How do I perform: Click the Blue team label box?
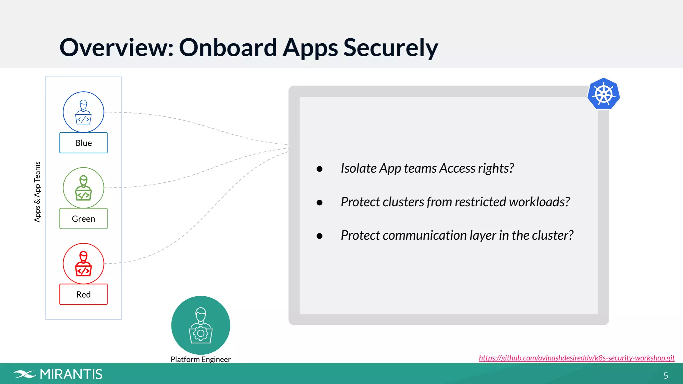(83, 143)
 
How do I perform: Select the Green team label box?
(83, 219)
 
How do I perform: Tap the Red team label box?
(83, 294)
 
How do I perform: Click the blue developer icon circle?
(83, 112)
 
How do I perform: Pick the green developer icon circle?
(83, 188)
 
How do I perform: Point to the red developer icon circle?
(83, 263)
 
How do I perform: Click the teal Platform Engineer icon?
(200, 325)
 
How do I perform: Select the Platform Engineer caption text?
(200, 359)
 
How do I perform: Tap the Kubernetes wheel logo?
(603, 94)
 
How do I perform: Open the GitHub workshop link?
(576, 358)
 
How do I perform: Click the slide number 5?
(666, 376)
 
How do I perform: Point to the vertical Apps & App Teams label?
(37, 192)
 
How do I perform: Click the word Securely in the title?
(391, 48)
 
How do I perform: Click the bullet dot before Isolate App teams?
(319, 169)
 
